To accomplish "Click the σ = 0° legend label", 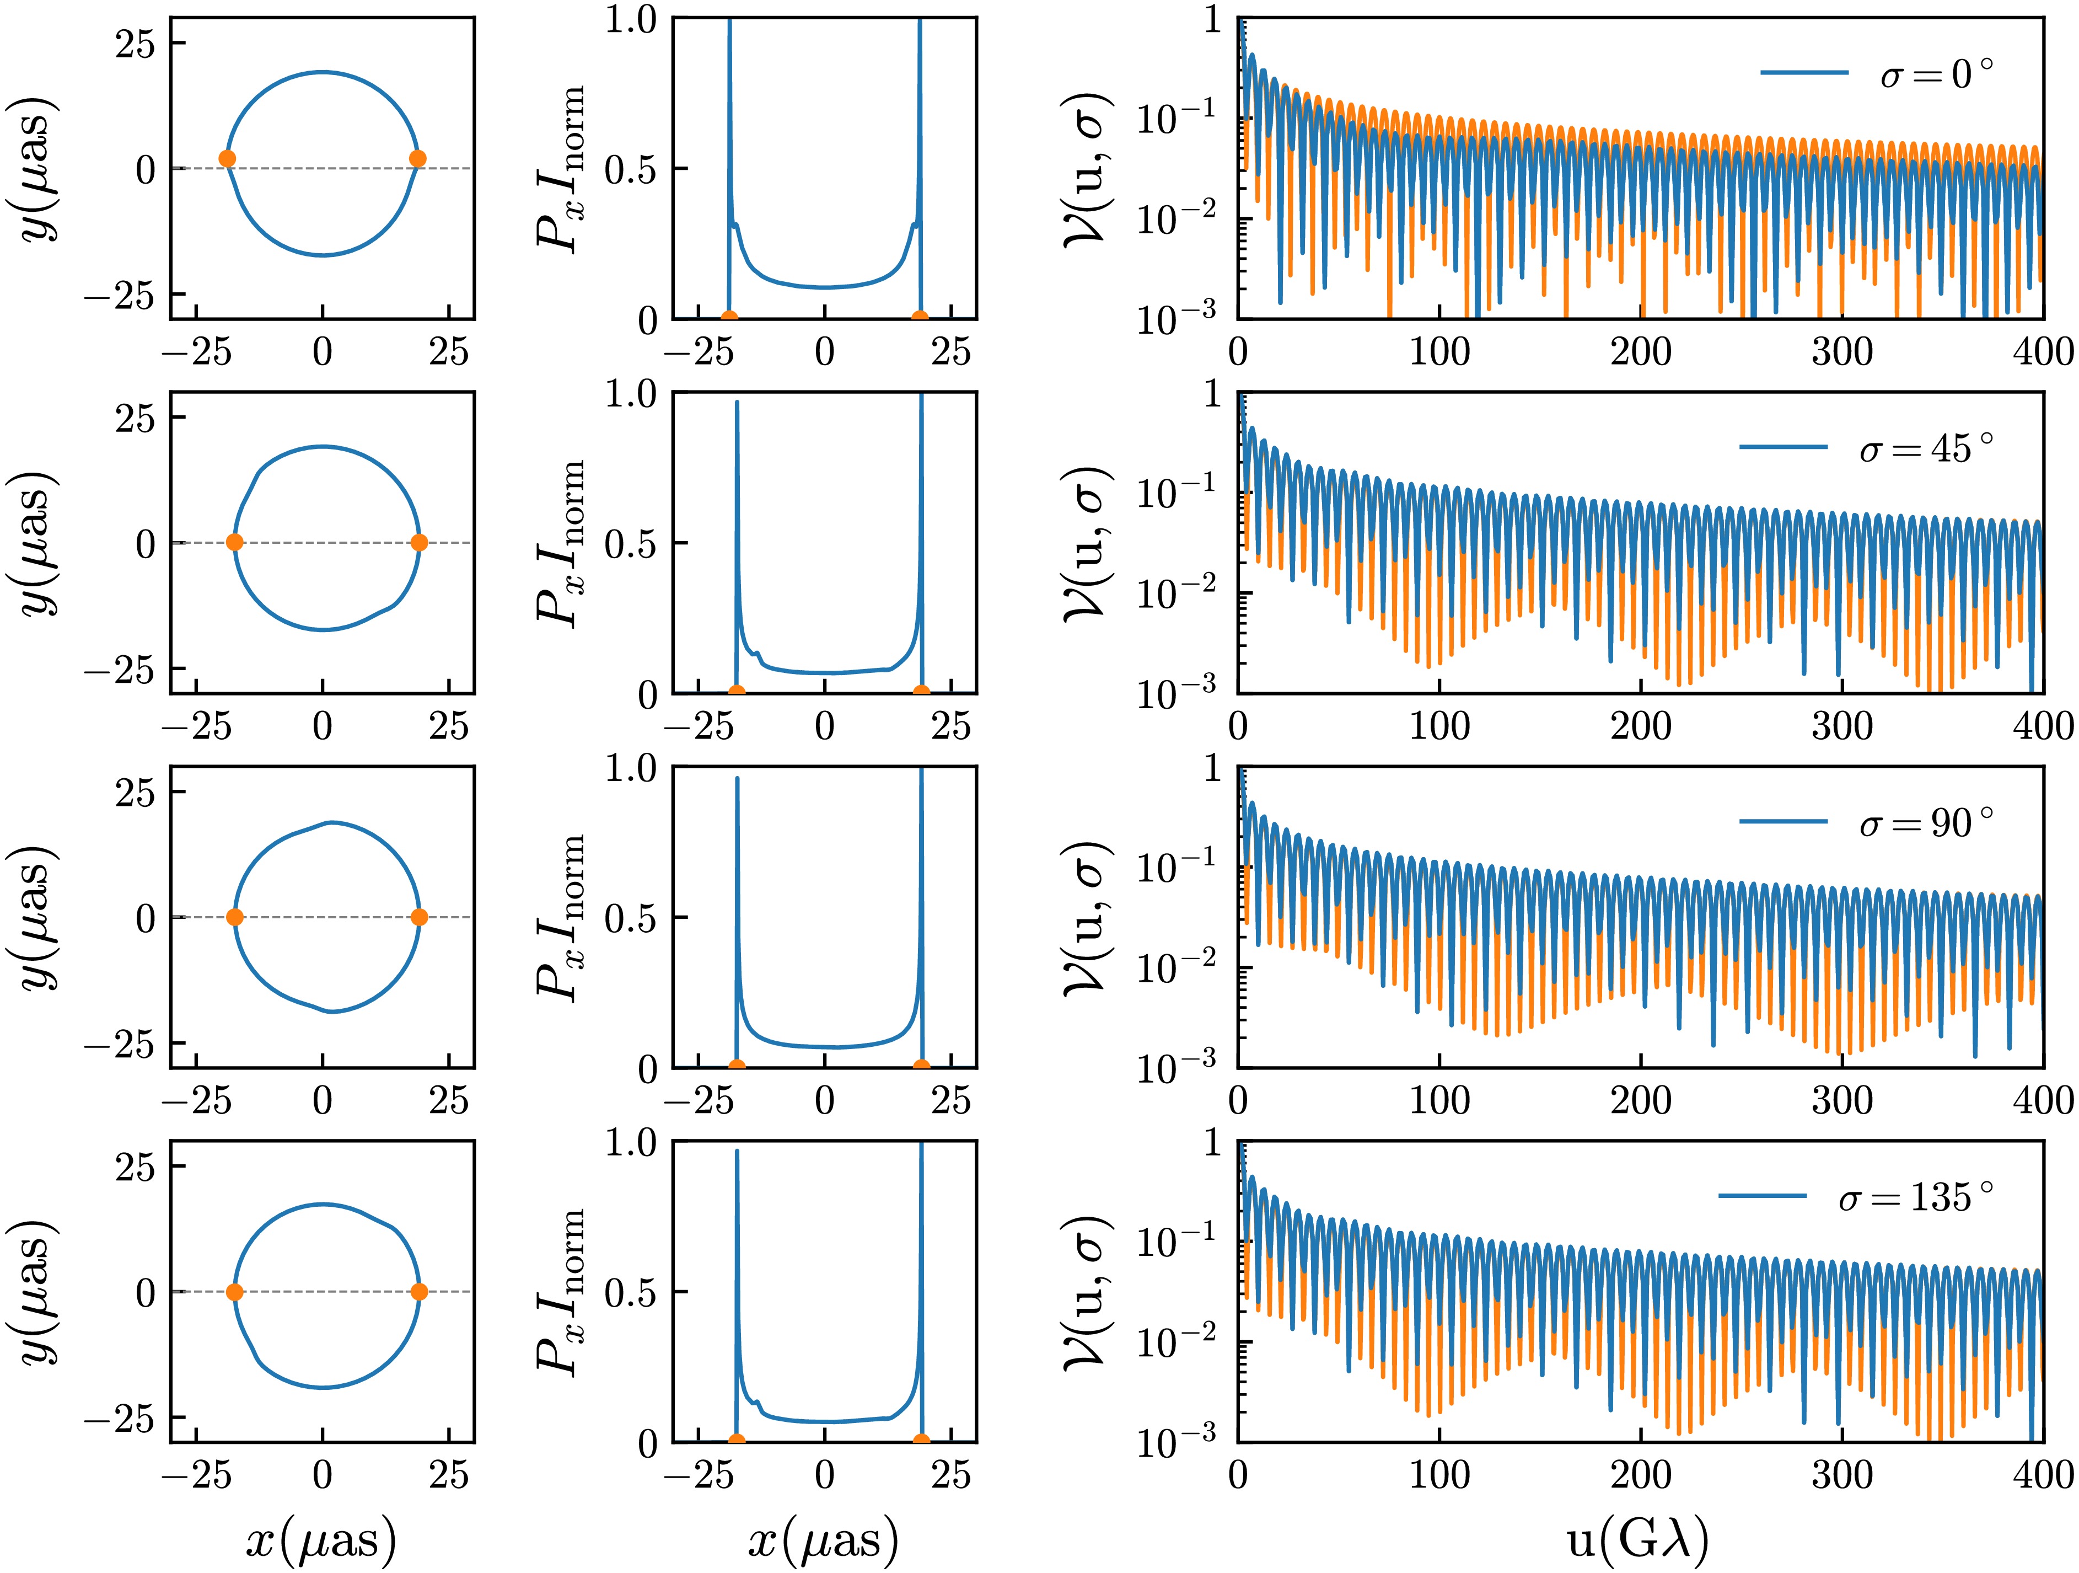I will (1936, 73).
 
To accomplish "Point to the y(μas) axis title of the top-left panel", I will (40, 169).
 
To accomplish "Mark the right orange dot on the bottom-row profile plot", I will (921, 1441).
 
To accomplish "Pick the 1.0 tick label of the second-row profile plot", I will (632, 394).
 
